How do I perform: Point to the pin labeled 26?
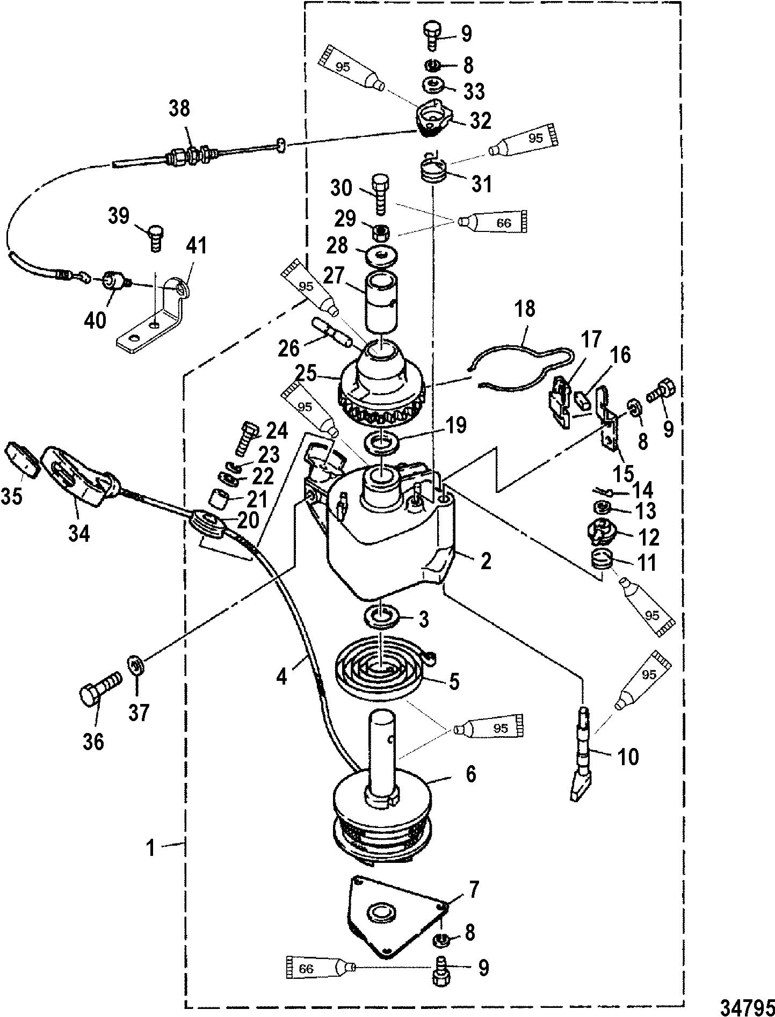(330, 335)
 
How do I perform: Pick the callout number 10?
(628, 757)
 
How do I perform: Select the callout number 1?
(152, 848)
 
